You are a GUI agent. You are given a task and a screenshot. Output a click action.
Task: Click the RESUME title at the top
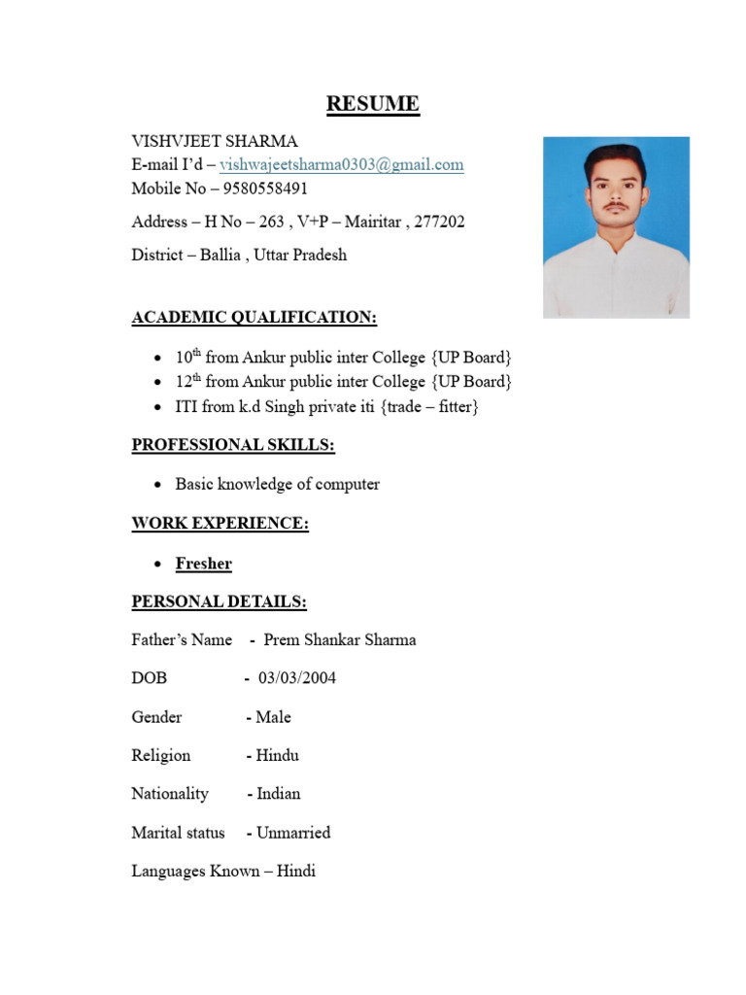(373, 104)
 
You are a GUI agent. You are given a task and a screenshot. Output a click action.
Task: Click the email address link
(342, 164)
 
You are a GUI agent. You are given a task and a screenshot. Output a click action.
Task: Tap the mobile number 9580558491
(265, 189)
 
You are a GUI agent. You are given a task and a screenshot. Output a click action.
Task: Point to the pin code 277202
(439, 222)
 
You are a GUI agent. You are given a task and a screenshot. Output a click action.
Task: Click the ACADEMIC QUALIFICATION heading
(254, 318)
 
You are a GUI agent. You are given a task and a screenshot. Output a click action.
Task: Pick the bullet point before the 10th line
(158, 358)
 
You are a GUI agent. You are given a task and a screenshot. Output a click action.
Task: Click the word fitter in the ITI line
(453, 407)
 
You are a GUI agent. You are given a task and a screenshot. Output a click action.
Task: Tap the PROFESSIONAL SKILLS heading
(233, 445)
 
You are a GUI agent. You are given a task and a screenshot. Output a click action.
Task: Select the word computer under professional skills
(346, 484)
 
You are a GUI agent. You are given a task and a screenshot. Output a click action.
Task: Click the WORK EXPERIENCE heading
(220, 524)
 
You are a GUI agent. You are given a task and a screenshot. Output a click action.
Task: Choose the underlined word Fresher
(203, 564)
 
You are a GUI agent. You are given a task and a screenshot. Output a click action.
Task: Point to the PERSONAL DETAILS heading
(219, 602)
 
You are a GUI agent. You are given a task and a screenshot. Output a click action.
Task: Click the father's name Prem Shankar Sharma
(340, 639)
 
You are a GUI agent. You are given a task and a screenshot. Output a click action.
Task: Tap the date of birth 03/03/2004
(297, 678)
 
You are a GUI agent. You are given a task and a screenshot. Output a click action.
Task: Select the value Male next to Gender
(273, 717)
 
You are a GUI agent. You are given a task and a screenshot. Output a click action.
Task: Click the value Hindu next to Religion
(277, 755)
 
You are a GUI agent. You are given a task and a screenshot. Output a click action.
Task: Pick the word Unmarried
(293, 833)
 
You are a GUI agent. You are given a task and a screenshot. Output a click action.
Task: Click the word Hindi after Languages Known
(296, 871)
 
